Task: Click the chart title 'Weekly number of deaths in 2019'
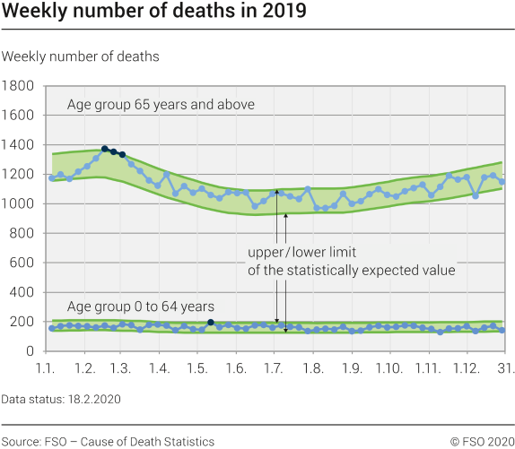153,13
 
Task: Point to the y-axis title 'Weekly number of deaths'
81,56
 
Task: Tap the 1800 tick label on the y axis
19,86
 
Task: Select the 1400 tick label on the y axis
19,145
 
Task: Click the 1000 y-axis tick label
19,204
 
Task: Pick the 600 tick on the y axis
22,263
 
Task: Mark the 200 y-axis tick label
22,322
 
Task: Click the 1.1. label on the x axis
47,368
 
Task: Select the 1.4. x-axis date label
160,368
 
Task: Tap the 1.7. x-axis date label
274,368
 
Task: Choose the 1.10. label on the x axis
389,368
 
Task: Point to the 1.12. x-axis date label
466,368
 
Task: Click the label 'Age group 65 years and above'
161,105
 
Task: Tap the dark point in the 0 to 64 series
211,323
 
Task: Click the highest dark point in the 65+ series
105,149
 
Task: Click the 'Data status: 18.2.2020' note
61,398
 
